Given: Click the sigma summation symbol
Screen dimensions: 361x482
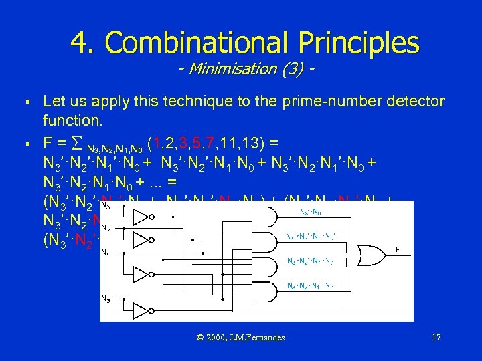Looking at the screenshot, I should (77, 142).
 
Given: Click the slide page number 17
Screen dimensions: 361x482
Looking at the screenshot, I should (436, 338).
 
